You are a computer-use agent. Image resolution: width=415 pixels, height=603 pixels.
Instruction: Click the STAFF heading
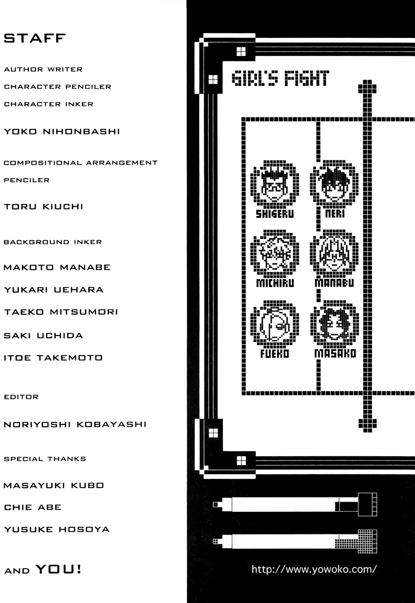35,38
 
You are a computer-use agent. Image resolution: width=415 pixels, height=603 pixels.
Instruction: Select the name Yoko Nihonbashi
62,131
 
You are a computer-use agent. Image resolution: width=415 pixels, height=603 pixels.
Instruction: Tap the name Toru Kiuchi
43,206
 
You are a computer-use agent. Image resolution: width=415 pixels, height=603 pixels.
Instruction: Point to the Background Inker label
52,242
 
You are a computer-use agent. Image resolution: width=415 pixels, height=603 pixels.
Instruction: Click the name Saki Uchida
43,336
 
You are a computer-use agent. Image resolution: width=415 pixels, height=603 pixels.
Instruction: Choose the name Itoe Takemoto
53,358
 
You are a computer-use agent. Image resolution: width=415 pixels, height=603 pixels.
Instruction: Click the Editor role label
21,397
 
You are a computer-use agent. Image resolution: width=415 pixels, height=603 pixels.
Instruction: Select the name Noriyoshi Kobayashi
75,425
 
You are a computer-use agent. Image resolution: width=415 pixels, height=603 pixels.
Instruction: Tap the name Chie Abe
33,507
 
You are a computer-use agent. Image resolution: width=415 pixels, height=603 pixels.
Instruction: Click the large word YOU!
58,569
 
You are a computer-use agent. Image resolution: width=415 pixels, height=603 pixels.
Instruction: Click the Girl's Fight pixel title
280,78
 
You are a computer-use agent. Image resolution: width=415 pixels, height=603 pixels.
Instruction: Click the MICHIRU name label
275,283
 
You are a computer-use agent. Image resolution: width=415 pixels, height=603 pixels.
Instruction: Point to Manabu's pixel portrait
334,253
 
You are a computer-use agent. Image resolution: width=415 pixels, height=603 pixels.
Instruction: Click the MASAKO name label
335,353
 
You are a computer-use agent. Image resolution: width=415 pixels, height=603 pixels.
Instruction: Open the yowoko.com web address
314,569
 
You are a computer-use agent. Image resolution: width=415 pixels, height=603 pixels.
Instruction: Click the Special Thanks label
45,459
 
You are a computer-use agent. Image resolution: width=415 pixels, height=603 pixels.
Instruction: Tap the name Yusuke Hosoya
57,529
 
